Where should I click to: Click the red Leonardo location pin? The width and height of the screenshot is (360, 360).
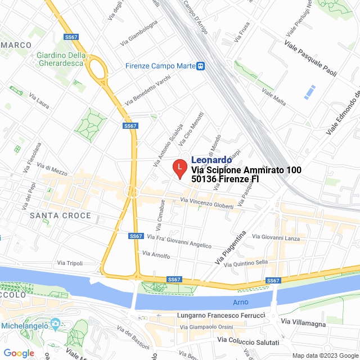coord(179,168)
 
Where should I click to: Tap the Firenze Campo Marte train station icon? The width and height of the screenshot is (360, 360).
coord(200,66)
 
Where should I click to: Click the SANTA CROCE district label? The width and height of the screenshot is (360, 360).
coord(60,215)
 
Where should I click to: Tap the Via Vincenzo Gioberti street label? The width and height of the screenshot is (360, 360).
coord(207,203)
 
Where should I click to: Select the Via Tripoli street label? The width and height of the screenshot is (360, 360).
coord(70,263)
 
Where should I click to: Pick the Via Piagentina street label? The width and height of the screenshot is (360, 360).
coord(231,248)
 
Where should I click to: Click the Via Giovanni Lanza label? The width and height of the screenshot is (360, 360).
coord(276,238)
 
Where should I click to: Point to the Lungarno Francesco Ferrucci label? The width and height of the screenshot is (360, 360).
coord(220,316)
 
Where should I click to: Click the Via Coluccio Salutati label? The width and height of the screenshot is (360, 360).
coord(248,341)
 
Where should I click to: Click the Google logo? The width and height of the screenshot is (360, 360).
coord(19,353)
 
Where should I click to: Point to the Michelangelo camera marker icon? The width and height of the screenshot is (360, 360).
coord(55,323)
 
